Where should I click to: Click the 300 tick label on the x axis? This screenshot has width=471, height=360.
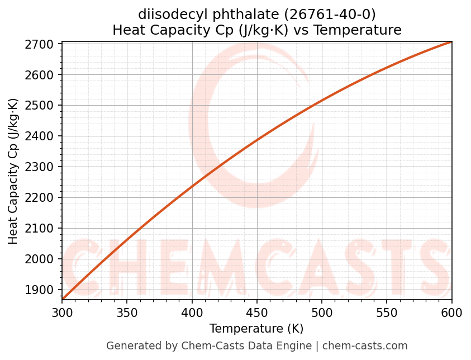coord(62,312)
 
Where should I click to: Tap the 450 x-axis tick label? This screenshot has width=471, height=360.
coord(257,312)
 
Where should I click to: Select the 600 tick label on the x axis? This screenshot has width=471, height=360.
coord(451,312)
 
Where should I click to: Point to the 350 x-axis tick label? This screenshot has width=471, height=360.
coord(127,312)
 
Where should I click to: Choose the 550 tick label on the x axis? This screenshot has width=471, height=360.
coord(387,312)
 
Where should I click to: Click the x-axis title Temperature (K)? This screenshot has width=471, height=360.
coord(256,329)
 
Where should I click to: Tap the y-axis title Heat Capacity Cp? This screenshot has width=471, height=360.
coord(13,171)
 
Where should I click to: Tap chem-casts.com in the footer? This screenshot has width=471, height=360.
coord(365,346)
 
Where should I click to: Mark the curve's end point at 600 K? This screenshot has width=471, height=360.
coord(451,41)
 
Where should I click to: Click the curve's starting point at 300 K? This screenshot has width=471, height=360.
coord(63,299)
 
